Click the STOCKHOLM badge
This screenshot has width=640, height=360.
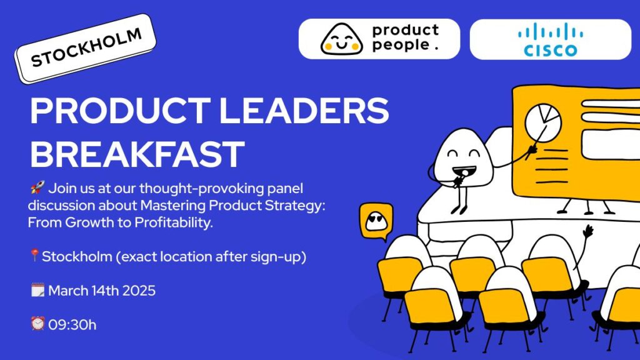[x=85, y=49]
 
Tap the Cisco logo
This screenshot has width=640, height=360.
[x=550, y=39]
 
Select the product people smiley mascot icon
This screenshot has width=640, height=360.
[x=342, y=39]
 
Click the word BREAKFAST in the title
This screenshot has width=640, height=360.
[x=137, y=154]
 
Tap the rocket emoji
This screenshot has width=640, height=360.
[x=37, y=187]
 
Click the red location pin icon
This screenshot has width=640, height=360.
[x=35, y=256]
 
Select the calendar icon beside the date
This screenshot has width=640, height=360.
[x=37, y=290]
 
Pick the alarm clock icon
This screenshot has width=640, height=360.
[x=37, y=324]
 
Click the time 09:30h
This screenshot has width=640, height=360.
[x=72, y=325]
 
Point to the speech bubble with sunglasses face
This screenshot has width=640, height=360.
[x=376, y=222]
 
